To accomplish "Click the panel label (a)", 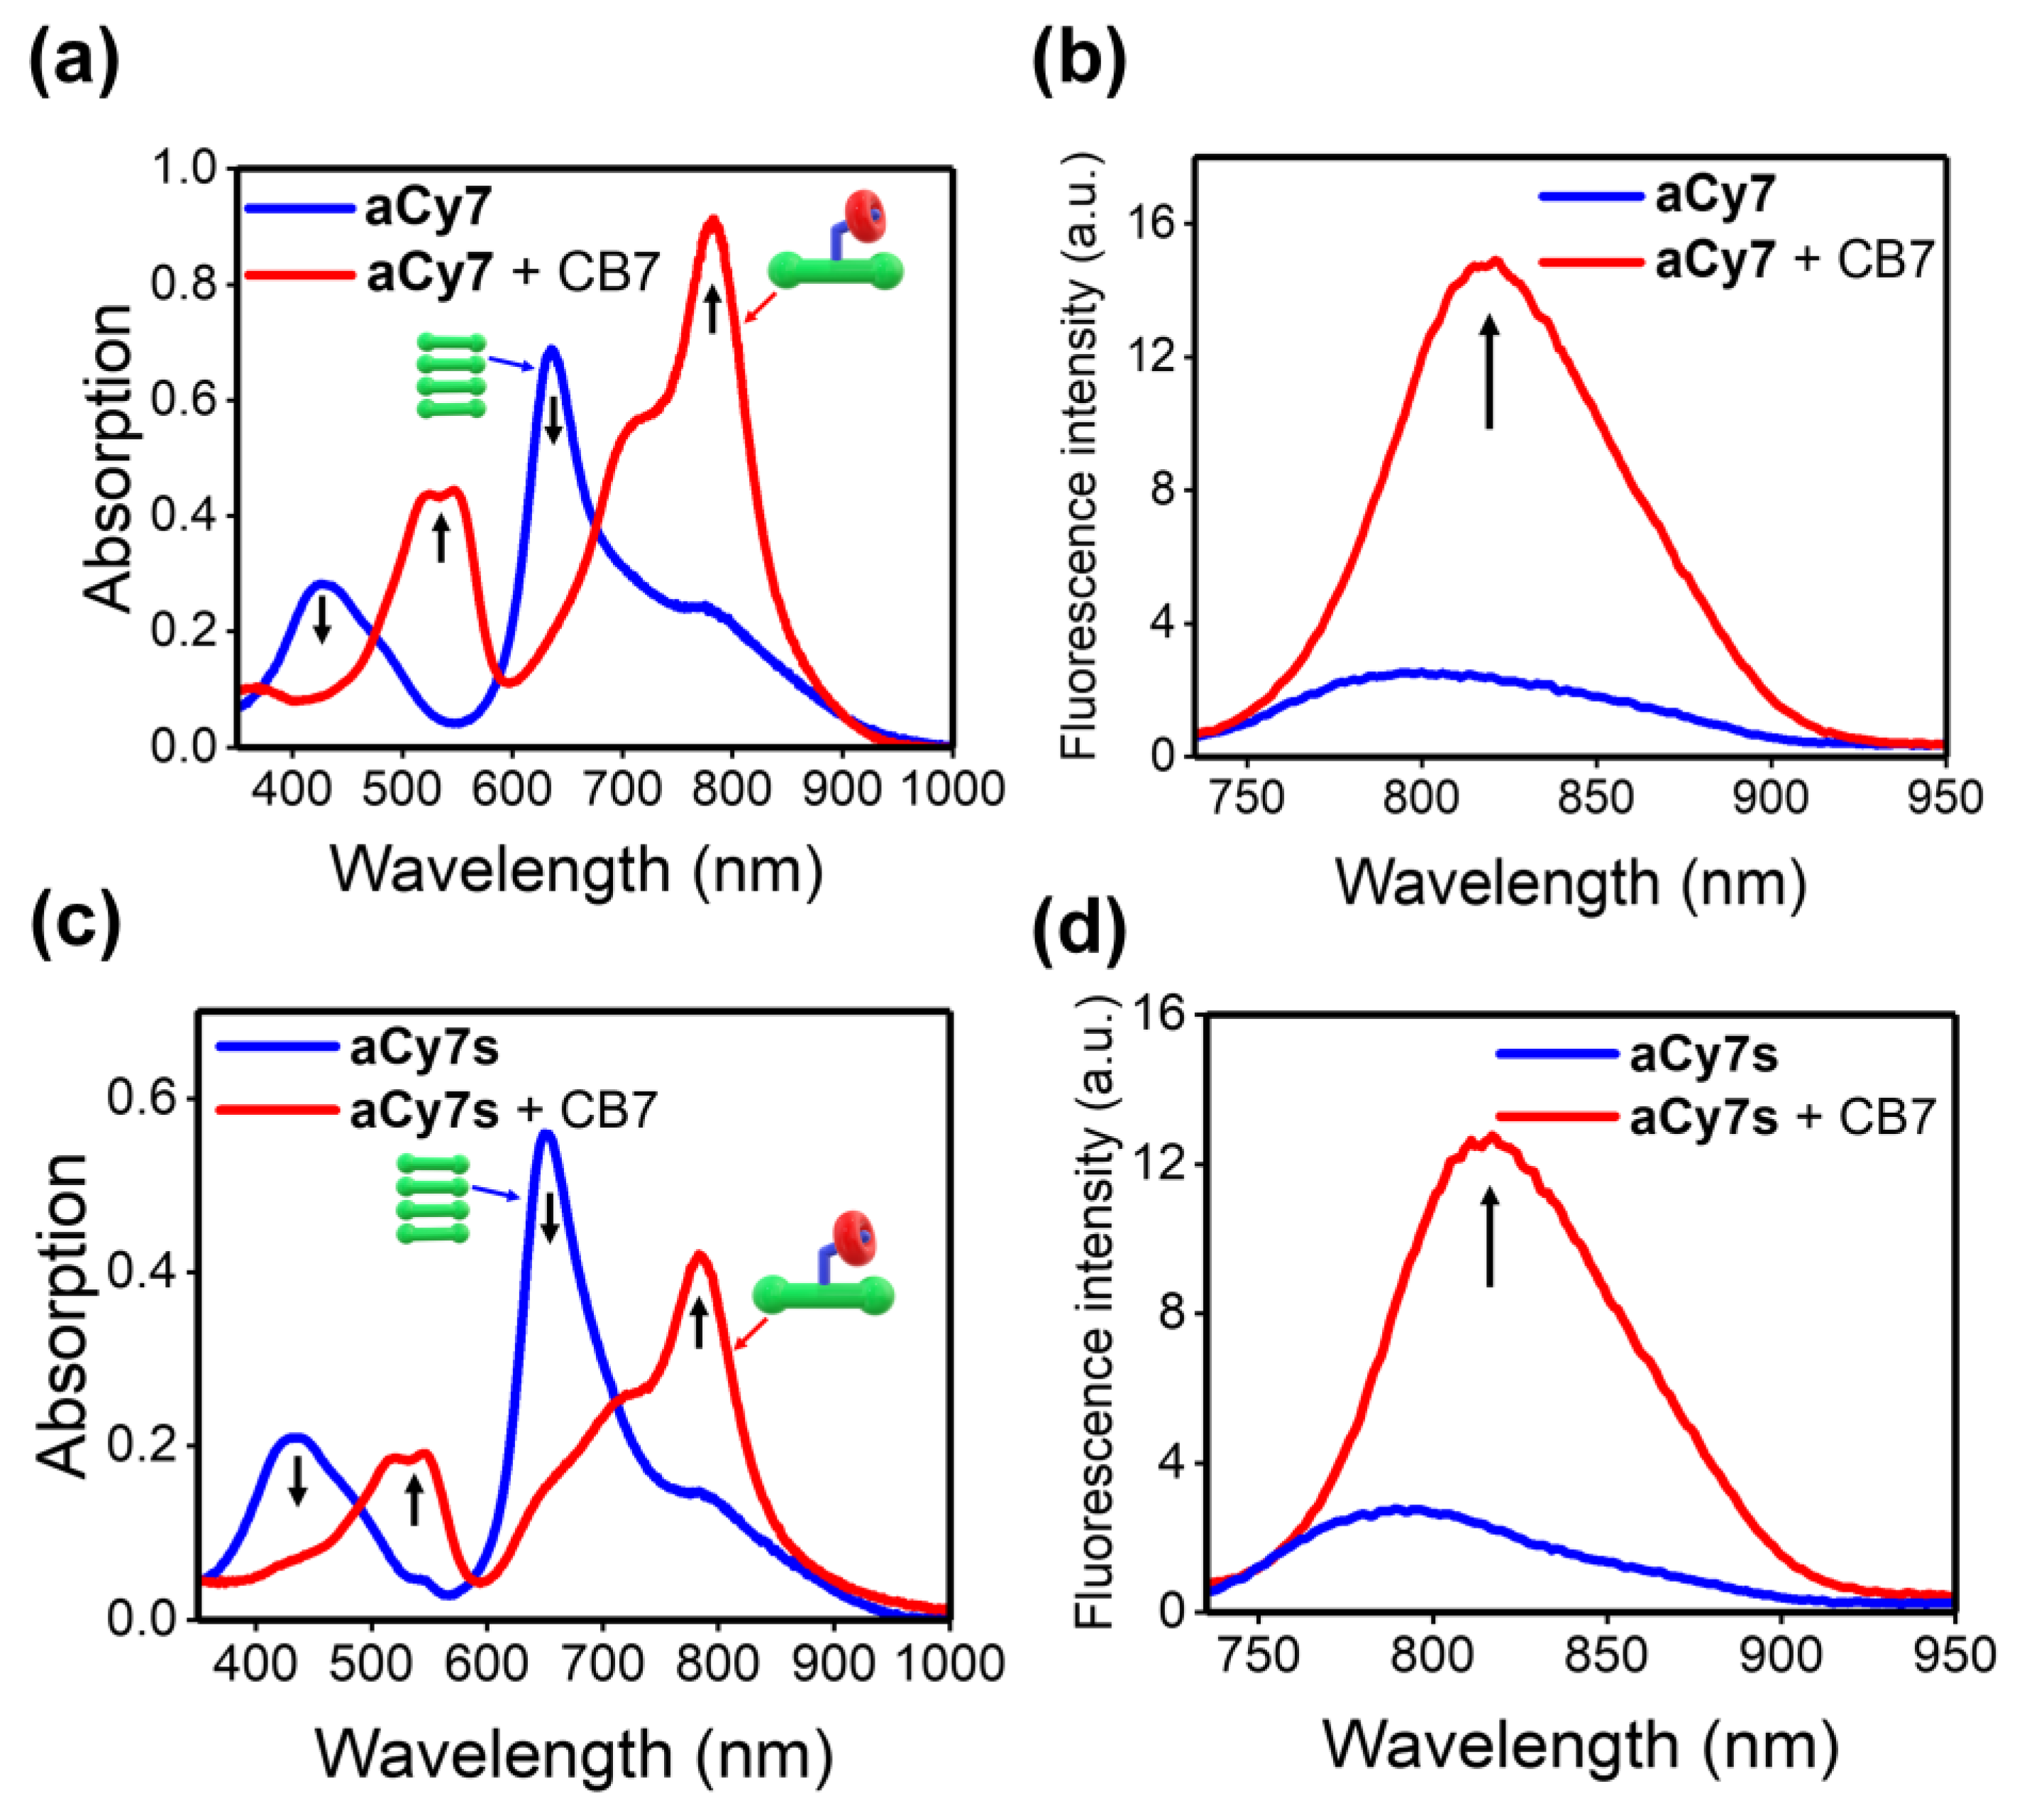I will [x=74, y=62].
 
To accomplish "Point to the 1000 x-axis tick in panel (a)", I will [x=952, y=790].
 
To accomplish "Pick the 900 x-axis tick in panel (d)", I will [x=1781, y=1655].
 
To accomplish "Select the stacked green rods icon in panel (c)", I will [x=433, y=1198].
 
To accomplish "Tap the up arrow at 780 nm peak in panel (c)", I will [x=700, y=1323].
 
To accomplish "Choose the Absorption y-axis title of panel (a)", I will [x=107, y=456].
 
